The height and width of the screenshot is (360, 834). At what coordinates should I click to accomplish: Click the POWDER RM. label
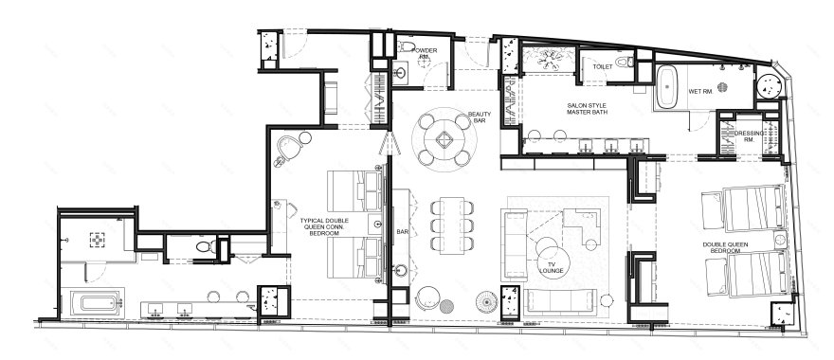pos(425,53)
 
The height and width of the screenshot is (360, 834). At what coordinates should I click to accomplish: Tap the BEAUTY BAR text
pos(480,117)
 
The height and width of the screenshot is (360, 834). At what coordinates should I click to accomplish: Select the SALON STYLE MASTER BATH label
pos(587,109)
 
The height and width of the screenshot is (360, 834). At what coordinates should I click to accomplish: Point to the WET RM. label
pos(700,92)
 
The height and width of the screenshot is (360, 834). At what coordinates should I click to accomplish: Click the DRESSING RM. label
pos(749,136)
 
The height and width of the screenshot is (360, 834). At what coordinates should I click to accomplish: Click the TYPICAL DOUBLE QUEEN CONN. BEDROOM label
pos(324,226)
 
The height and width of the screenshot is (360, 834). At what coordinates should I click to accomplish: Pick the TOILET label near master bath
pos(603,67)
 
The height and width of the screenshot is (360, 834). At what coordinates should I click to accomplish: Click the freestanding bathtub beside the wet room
pos(667,87)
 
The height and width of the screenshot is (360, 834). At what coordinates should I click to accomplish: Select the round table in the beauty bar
pos(444,140)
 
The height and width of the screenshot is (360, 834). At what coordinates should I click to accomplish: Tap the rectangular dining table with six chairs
pos(451,225)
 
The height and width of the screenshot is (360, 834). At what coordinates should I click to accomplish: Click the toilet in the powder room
pos(408,46)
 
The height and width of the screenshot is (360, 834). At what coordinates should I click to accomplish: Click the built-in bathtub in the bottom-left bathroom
pos(99,304)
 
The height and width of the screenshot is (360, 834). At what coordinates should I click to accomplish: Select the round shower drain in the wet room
pos(722,87)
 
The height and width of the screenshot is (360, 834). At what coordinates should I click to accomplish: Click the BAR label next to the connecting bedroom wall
pos(402,232)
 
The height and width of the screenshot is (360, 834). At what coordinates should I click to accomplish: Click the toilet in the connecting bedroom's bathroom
pos(205,246)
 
